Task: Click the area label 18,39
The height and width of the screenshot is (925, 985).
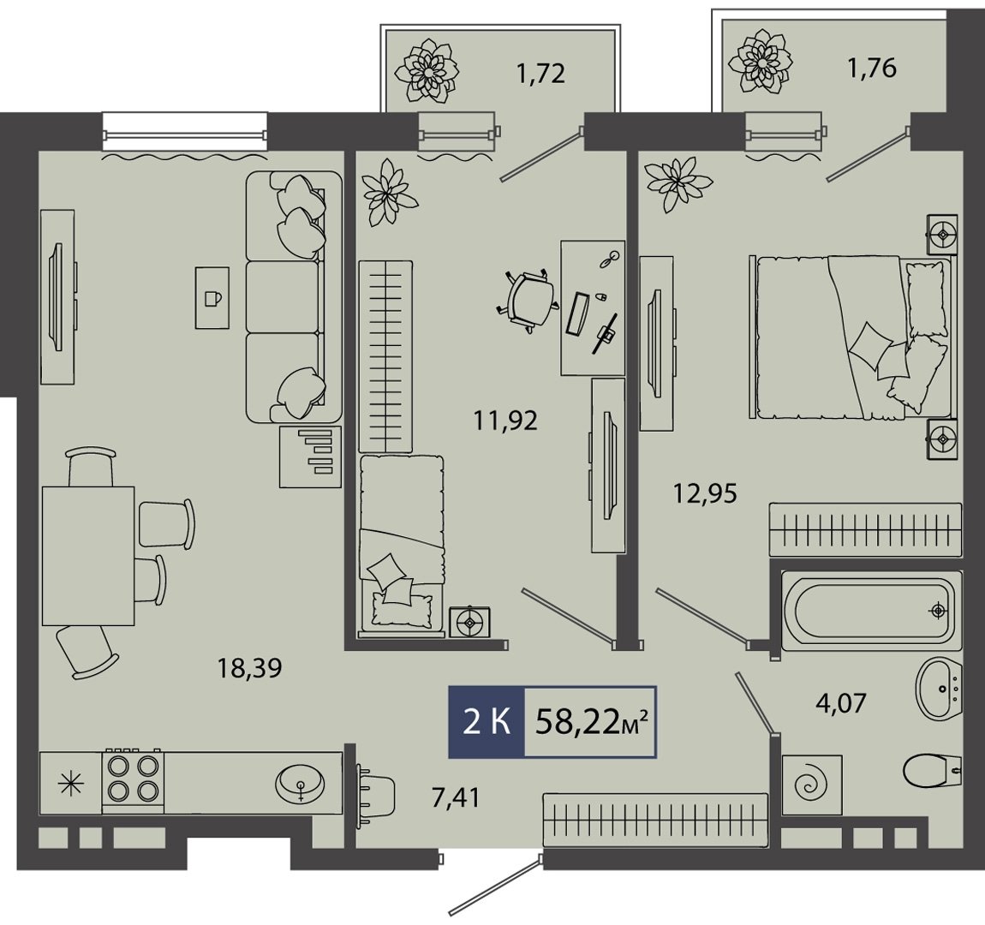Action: (248, 668)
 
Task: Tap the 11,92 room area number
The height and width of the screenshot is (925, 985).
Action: (505, 421)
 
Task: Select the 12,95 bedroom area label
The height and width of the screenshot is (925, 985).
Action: (705, 493)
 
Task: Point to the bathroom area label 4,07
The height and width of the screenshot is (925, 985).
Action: (840, 701)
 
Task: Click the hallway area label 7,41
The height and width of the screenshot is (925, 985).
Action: (456, 797)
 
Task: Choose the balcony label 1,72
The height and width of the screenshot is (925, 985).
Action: (540, 74)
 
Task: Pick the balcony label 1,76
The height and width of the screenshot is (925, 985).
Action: (872, 68)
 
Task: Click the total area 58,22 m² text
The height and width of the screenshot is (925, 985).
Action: (591, 722)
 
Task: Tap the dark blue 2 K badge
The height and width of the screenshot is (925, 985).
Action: (487, 721)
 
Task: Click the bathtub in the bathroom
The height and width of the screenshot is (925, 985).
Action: (871, 611)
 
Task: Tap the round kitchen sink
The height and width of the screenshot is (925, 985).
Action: (301, 783)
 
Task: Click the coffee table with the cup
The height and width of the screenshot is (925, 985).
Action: (212, 297)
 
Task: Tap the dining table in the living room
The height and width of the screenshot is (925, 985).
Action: (88, 556)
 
